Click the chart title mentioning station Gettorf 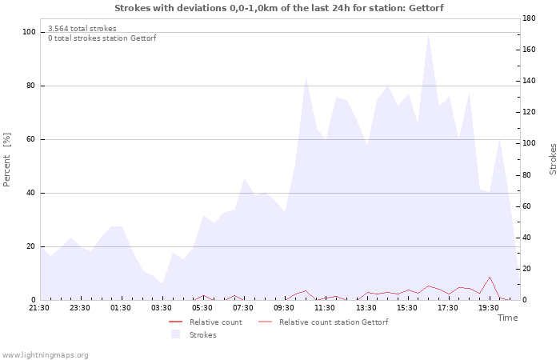click(x=279, y=8)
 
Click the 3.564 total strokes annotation click(x=82, y=29)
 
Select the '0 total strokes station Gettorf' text click(x=102, y=38)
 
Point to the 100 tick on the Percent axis click(x=29, y=32)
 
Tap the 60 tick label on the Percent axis click(x=30, y=139)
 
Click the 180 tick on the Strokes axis click(x=529, y=18)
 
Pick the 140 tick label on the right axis click(x=529, y=81)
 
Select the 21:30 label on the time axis click(x=39, y=308)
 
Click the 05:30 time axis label click(x=202, y=308)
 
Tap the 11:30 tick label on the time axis click(x=325, y=308)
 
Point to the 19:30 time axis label click(x=488, y=308)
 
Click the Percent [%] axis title click(x=6, y=160)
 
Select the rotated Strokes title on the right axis click(x=553, y=159)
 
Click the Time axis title click(x=507, y=318)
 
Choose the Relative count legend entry click(x=206, y=322)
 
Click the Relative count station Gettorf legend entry click(x=323, y=322)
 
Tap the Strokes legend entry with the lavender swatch click(x=194, y=334)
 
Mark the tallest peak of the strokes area click(x=428, y=34)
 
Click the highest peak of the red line click(x=490, y=277)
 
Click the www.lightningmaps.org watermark click(x=45, y=355)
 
